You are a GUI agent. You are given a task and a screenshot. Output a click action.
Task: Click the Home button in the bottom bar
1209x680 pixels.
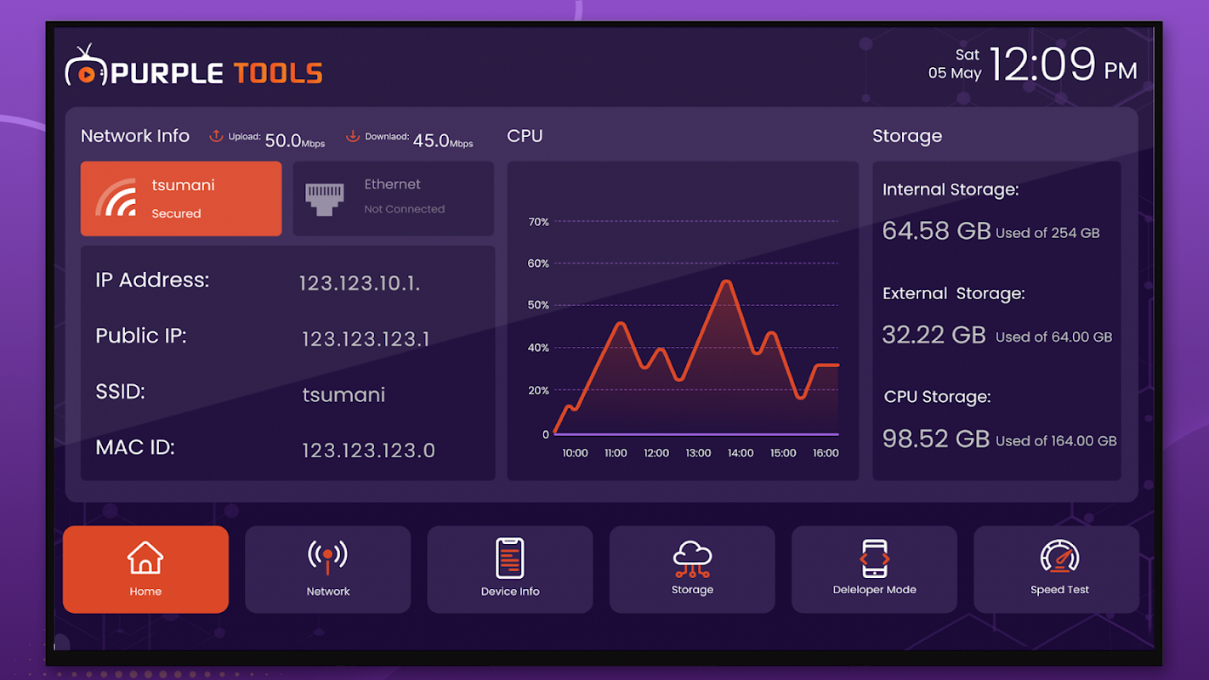pos(145,569)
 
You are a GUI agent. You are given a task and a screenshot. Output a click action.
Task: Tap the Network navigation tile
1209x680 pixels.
pos(327,569)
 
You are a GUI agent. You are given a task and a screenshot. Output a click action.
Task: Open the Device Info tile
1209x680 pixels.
pos(509,569)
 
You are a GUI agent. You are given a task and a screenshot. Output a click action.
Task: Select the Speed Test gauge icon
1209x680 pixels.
pos(1059,557)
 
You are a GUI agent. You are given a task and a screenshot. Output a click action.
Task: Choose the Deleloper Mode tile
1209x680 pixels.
pos(874,569)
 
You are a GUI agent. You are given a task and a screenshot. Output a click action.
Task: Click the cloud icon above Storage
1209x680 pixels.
pos(692,557)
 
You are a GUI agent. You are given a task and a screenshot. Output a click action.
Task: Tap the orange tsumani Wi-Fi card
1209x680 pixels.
pos(181,199)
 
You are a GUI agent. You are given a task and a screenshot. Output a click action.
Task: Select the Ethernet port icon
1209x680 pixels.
pos(324,199)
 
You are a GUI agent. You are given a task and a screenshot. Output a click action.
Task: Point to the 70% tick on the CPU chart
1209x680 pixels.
pos(539,223)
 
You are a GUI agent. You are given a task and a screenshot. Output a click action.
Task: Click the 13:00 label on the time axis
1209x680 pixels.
pos(698,453)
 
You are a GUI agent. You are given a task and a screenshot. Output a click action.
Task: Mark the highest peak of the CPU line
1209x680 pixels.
pos(726,281)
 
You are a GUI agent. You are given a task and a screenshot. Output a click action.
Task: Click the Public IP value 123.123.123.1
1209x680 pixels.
pos(366,339)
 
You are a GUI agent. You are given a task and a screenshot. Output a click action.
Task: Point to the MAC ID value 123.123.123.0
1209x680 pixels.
pos(368,450)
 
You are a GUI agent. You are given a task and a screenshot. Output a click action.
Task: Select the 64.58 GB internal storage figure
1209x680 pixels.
pos(936,230)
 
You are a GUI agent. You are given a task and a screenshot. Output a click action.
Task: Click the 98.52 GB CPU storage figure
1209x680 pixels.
pos(936,439)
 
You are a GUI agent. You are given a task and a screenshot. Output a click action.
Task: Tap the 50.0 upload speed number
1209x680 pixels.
pos(283,140)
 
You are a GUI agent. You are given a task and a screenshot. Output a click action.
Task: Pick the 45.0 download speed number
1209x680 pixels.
pos(431,140)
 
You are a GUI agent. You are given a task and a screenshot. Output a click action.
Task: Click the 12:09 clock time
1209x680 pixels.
pos(1042,65)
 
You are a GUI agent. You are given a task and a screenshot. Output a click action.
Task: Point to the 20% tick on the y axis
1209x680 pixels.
pos(539,391)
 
